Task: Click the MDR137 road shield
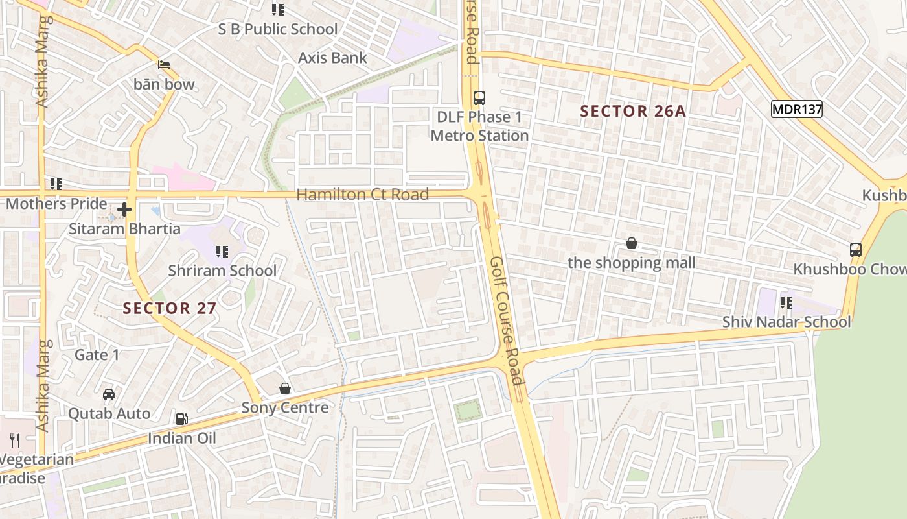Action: click(796, 110)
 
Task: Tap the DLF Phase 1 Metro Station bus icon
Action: click(479, 98)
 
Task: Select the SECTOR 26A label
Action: click(632, 112)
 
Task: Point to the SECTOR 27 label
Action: click(170, 308)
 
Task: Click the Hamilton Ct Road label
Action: click(362, 195)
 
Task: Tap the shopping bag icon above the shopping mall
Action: click(632, 243)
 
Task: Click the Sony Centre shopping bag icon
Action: click(285, 389)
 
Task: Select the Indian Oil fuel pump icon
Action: click(182, 419)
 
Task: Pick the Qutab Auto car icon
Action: click(109, 394)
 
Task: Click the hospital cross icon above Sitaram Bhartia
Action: click(124, 210)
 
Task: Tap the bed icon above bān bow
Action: click(164, 65)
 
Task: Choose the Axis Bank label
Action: click(332, 58)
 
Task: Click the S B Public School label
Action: click(278, 29)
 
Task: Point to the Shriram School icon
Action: click(222, 251)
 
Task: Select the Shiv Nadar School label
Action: click(786, 322)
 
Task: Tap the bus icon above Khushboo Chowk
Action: click(856, 250)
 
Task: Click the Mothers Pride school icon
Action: click(56, 184)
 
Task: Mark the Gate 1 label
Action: click(97, 355)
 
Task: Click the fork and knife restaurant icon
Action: click(15, 441)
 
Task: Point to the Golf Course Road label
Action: click(506, 320)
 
